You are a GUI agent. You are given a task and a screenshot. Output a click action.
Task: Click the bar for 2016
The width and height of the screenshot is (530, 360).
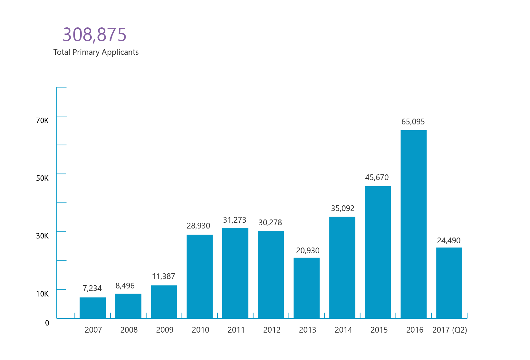tap(414, 224)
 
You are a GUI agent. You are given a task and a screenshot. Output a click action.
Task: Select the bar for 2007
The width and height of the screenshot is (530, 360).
tap(92, 308)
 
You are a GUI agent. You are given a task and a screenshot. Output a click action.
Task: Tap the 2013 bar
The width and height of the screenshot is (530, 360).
tap(307, 288)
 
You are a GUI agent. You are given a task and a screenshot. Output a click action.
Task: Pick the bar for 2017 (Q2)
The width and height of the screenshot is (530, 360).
tap(449, 283)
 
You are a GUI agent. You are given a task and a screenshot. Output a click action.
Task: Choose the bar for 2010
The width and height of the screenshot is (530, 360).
tap(200, 277)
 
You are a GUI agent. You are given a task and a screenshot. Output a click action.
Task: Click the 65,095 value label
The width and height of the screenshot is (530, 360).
tap(413, 122)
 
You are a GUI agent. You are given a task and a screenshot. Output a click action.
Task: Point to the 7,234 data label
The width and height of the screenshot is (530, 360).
tap(92, 288)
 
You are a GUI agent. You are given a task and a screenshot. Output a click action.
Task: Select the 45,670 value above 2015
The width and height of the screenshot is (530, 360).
tap(377, 177)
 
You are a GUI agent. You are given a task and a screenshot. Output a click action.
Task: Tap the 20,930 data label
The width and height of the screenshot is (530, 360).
tap(308, 250)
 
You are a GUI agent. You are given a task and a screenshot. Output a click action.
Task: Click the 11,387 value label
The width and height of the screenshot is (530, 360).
tap(163, 276)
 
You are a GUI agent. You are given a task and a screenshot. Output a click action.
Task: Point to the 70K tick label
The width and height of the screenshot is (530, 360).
tap(42, 121)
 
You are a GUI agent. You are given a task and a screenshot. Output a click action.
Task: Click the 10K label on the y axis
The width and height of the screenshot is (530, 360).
tap(42, 294)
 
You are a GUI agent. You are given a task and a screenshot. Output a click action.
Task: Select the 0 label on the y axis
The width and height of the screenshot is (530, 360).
tap(47, 323)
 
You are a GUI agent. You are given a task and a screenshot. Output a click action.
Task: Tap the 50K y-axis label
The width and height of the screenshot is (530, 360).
tap(42, 178)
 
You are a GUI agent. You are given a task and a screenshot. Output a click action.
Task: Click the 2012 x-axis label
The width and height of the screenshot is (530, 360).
tap(272, 330)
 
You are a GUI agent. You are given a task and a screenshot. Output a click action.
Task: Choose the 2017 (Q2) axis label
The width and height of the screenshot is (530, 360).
tap(449, 330)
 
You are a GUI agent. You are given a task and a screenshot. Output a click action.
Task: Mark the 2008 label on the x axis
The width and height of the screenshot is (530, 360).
tap(129, 330)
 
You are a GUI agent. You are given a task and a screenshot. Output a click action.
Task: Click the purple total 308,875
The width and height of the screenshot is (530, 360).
tap(94, 34)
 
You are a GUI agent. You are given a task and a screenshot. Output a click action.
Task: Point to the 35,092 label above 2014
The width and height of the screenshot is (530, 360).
tap(342, 208)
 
